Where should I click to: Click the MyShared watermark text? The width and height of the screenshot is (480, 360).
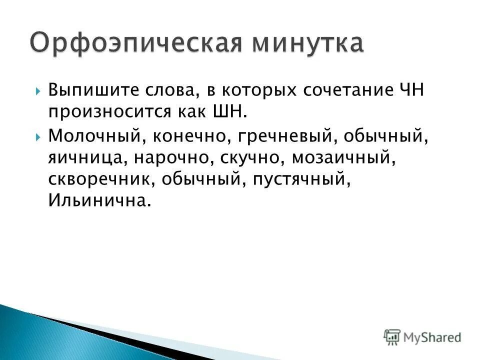432,337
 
